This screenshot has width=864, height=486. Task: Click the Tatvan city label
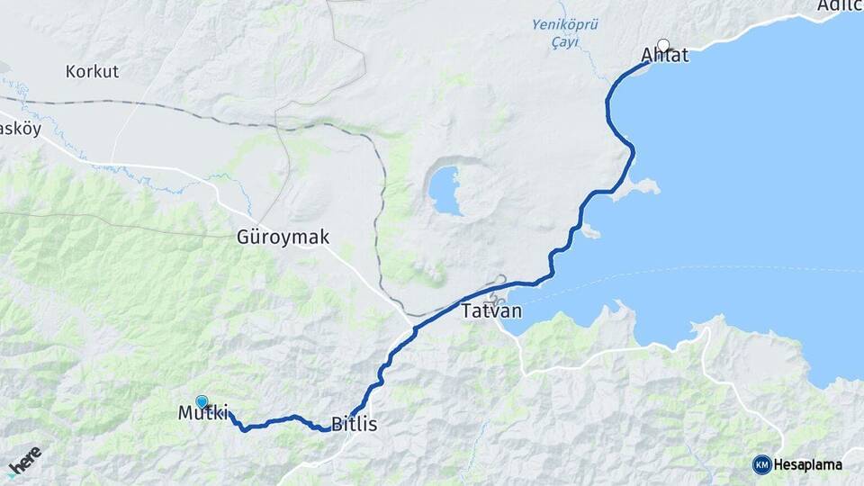click(490, 313)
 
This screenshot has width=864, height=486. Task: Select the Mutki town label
click(202, 414)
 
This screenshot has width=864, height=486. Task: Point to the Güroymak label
click(283, 238)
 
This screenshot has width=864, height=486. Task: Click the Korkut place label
click(93, 71)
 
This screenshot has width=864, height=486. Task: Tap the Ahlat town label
click(664, 56)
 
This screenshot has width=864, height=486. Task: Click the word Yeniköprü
click(564, 24)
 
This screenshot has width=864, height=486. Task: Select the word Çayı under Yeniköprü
click(565, 41)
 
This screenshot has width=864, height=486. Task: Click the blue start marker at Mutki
click(202, 402)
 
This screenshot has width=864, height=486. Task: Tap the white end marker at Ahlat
click(664, 44)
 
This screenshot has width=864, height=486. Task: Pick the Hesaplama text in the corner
click(809, 465)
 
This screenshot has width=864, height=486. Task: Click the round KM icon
click(762, 465)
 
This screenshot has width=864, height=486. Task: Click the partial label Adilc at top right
click(840, 6)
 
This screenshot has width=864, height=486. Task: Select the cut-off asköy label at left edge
click(15, 128)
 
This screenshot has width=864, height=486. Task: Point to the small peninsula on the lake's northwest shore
click(643, 187)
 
